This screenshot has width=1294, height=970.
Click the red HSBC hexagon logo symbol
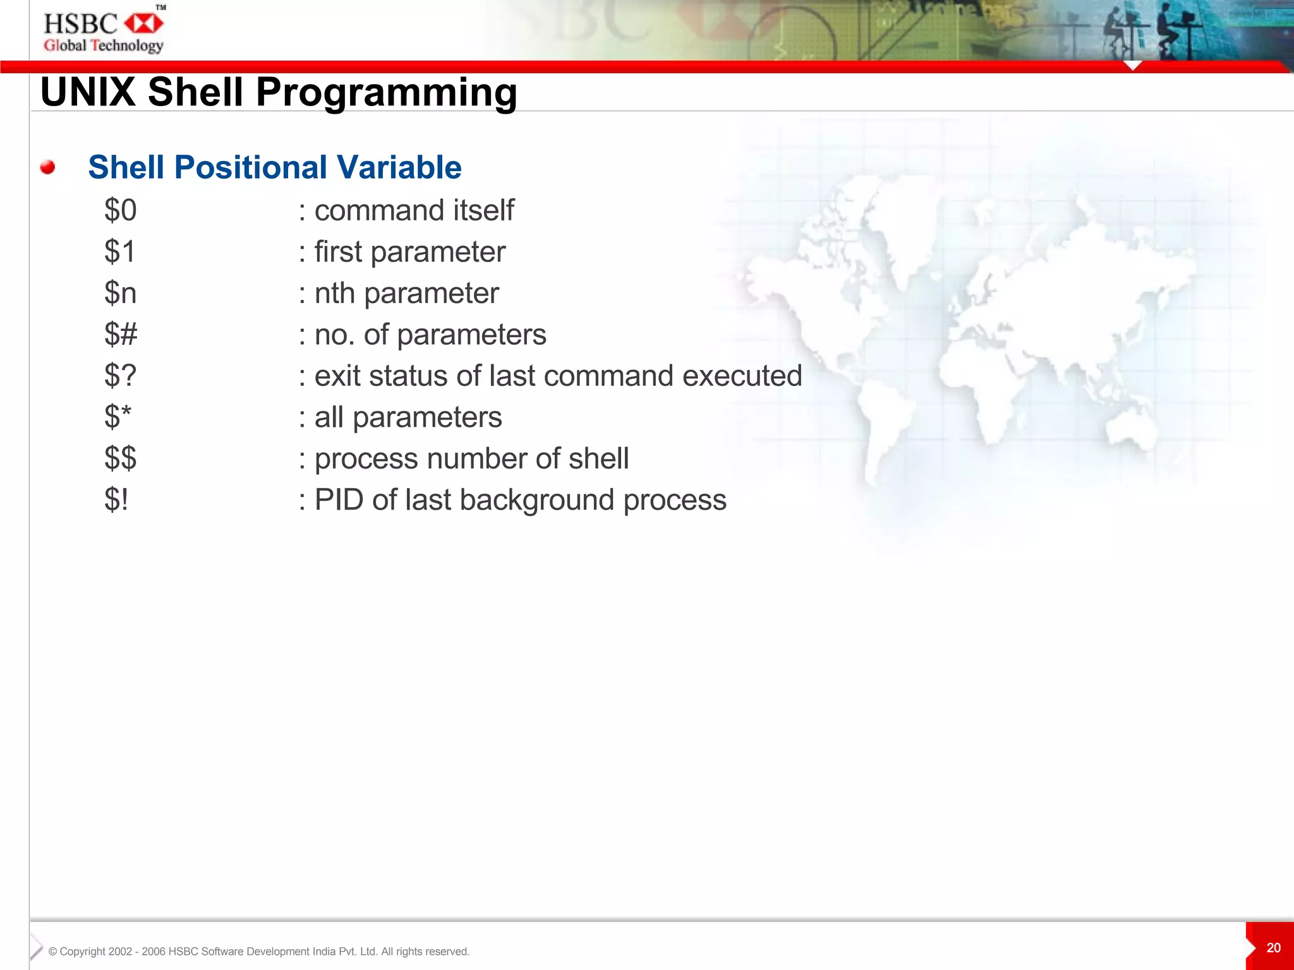[144, 24]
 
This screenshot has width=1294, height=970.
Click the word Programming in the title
[386, 92]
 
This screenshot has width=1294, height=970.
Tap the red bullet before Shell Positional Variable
[47, 167]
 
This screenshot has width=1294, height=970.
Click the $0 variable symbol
[120, 210]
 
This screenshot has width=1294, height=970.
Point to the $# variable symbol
[120, 334]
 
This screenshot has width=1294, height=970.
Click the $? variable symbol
[120, 376]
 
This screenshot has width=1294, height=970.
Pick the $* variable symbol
[118, 417]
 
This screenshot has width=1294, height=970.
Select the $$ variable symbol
[120, 458]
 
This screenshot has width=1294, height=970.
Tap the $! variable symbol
[116, 500]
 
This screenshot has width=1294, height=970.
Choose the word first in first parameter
[338, 252]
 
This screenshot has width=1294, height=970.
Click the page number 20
[1273, 948]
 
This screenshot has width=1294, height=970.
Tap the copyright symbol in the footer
[53, 952]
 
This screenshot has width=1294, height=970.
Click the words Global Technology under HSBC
[103, 45]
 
